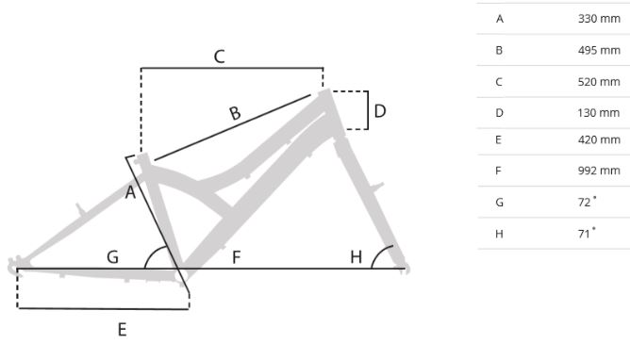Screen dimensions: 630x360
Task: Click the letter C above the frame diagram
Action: pyautogui.click(x=220, y=57)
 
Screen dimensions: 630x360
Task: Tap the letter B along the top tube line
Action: pyautogui.click(x=236, y=113)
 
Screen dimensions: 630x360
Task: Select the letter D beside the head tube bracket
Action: pyautogui.click(x=380, y=111)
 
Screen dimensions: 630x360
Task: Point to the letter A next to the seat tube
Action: pyautogui.click(x=130, y=192)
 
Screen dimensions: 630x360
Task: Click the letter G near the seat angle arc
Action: pyautogui.click(x=113, y=257)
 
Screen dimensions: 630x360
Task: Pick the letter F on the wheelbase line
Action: pyautogui.click(x=236, y=257)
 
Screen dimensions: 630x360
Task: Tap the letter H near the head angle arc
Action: pyautogui.click(x=356, y=257)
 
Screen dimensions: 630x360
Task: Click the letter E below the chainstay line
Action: pyautogui.click(x=123, y=330)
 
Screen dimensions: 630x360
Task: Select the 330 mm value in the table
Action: pyautogui.click(x=599, y=19)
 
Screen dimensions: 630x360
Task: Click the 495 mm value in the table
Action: pyautogui.click(x=599, y=51)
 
